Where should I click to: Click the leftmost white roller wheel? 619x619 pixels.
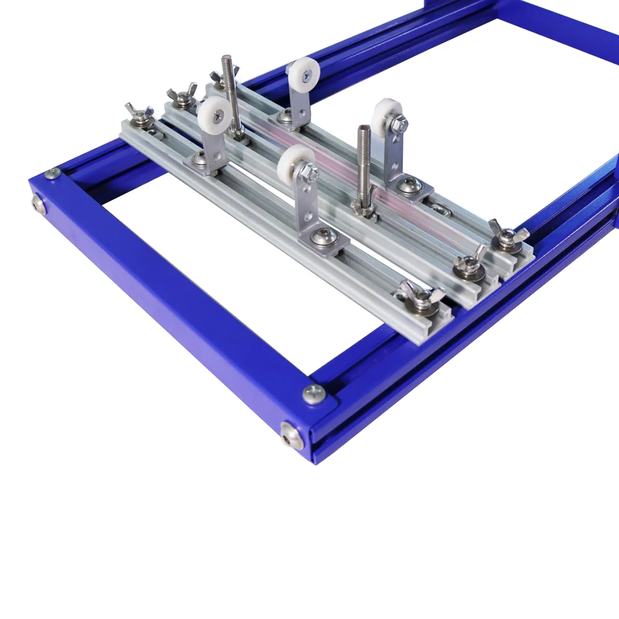pos(214,113)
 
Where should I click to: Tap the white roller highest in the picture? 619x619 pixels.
pos(303,72)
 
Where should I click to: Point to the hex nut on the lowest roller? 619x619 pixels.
pos(309,171)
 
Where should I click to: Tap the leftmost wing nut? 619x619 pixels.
pos(139,115)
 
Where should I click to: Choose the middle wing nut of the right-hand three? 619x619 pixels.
pos(470,264)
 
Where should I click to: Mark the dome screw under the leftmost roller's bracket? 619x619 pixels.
pos(199,159)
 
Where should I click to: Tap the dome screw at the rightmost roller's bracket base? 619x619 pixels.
pos(409,185)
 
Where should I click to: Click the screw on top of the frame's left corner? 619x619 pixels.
pos(53,173)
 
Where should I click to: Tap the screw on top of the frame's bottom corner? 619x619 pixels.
pos(314,393)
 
